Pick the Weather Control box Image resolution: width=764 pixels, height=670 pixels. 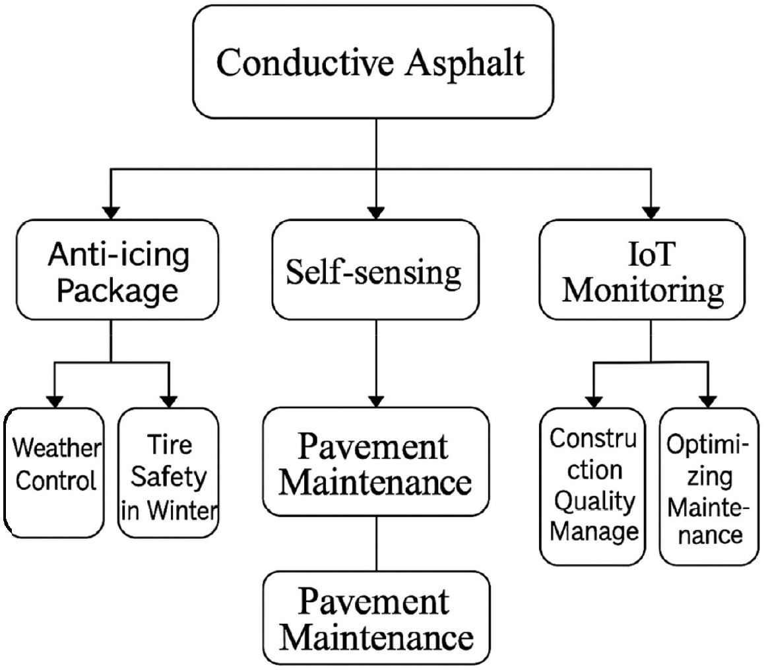56,472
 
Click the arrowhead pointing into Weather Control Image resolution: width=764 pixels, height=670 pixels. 55,400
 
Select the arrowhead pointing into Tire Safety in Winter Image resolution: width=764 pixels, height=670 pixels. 169,400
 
